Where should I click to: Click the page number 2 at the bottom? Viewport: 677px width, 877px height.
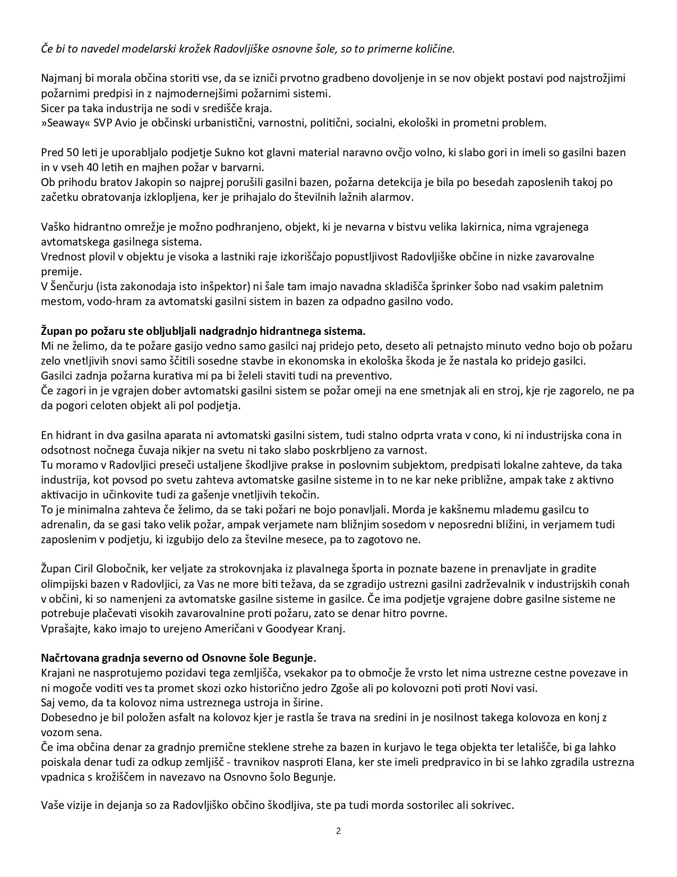[338, 831]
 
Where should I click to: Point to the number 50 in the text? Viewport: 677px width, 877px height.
[72, 153]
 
